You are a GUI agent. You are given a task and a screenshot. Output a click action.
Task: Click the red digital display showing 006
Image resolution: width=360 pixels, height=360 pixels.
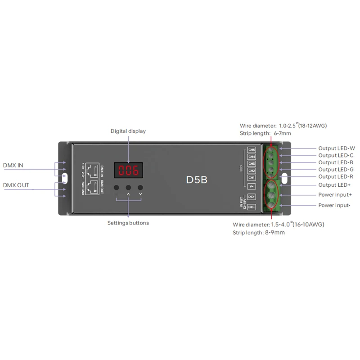tap(128, 171)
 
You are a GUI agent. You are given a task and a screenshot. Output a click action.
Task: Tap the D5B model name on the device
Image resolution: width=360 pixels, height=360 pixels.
tap(196, 179)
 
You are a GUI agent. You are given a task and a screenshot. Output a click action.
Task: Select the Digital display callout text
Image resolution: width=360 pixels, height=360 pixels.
tap(128, 131)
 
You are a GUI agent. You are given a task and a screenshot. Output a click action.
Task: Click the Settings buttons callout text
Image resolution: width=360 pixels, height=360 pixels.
tap(128, 223)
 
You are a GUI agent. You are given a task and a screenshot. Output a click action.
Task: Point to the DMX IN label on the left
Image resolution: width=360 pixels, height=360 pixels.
tap(13, 166)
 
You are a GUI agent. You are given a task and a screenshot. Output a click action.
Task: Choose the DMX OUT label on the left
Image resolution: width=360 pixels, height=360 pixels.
tap(16, 185)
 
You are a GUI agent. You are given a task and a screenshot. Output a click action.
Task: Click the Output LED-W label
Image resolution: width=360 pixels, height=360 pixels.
tap(337, 148)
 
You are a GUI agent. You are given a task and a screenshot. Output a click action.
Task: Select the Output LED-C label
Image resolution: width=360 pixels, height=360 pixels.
tap(336, 155)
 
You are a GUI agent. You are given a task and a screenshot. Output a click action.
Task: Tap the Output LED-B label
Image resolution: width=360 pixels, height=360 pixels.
tap(336, 162)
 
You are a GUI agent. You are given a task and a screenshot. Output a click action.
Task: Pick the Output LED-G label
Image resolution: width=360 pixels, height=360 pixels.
tap(336, 170)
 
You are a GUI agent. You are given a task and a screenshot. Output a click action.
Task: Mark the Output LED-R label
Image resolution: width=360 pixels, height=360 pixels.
tap(336, 177)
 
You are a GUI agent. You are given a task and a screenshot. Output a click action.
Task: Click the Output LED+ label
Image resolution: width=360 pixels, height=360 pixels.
tap(335, 185)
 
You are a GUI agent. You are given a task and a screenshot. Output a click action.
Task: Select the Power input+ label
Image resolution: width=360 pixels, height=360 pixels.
tap(335, 195)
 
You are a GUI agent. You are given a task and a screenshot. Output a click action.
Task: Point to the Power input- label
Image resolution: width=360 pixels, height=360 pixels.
tap(335, 205)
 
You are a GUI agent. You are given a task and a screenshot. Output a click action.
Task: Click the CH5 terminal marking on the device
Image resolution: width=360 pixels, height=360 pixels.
tap(252, 150)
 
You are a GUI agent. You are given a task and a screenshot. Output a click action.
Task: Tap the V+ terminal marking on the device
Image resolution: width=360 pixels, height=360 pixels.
tap(252, 186)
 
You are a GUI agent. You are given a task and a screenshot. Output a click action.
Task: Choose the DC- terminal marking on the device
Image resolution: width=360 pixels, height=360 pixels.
tap(252, 207)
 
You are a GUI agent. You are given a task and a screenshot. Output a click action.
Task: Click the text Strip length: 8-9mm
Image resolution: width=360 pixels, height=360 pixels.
tap(259, 233)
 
